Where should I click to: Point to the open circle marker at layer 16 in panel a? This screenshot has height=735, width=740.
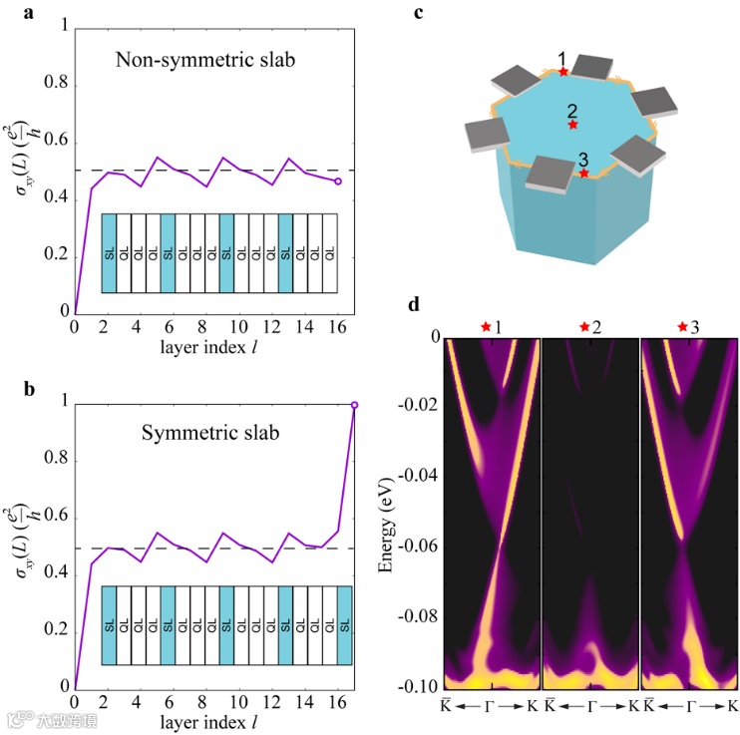[338, 182]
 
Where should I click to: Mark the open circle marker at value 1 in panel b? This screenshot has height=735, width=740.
[354, 405]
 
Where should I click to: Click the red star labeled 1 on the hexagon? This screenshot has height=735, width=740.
[563, 72]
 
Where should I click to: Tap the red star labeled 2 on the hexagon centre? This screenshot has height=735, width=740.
[572, 125]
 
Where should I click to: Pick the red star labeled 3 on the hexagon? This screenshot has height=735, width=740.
[583, 174]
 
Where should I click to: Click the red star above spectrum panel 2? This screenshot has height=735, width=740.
[584, 326]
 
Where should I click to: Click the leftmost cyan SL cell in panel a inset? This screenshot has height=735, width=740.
[109, 253]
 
